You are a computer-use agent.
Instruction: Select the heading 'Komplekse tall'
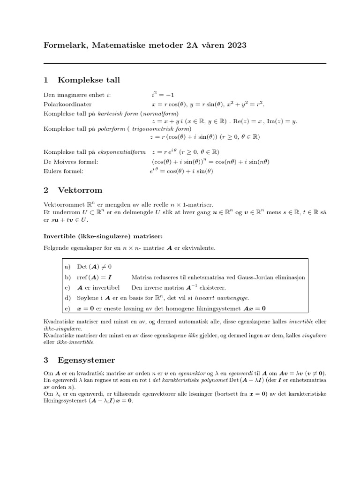(89, 80)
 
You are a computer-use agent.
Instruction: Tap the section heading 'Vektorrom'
(80, 190)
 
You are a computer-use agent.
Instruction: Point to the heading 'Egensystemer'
(86, 360)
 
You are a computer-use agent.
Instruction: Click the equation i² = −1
(159, 95)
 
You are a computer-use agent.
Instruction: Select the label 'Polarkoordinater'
(67, 104)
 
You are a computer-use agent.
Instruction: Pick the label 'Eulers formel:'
(63, 171)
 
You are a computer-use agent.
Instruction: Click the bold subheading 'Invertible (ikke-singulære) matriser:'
(103, 235)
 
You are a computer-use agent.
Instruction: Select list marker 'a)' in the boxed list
(68, 267)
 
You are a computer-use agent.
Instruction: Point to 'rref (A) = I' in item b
(94, 277)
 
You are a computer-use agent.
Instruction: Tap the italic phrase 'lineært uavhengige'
(224, 298)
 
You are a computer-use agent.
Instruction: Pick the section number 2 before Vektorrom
(46, 190)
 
